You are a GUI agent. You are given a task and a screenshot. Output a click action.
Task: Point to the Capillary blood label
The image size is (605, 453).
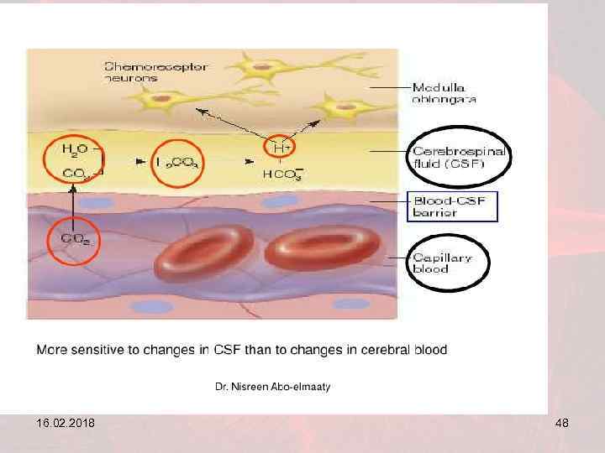[x=442, y=263]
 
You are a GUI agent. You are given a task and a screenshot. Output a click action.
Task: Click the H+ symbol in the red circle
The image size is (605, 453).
[x=281, y=148]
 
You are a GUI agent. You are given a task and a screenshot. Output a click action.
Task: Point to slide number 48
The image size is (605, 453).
[x=561, y=424]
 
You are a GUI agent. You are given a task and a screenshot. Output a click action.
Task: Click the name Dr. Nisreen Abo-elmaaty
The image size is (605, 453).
[x=273, y=387]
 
